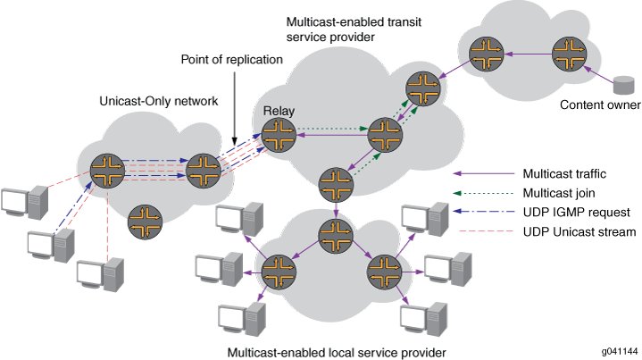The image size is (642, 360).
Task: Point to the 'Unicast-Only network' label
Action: (x=158, y=102)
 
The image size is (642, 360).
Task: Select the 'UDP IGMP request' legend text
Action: (x=572, y=212)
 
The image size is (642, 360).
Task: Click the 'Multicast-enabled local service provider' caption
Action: (x=338, y=352)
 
